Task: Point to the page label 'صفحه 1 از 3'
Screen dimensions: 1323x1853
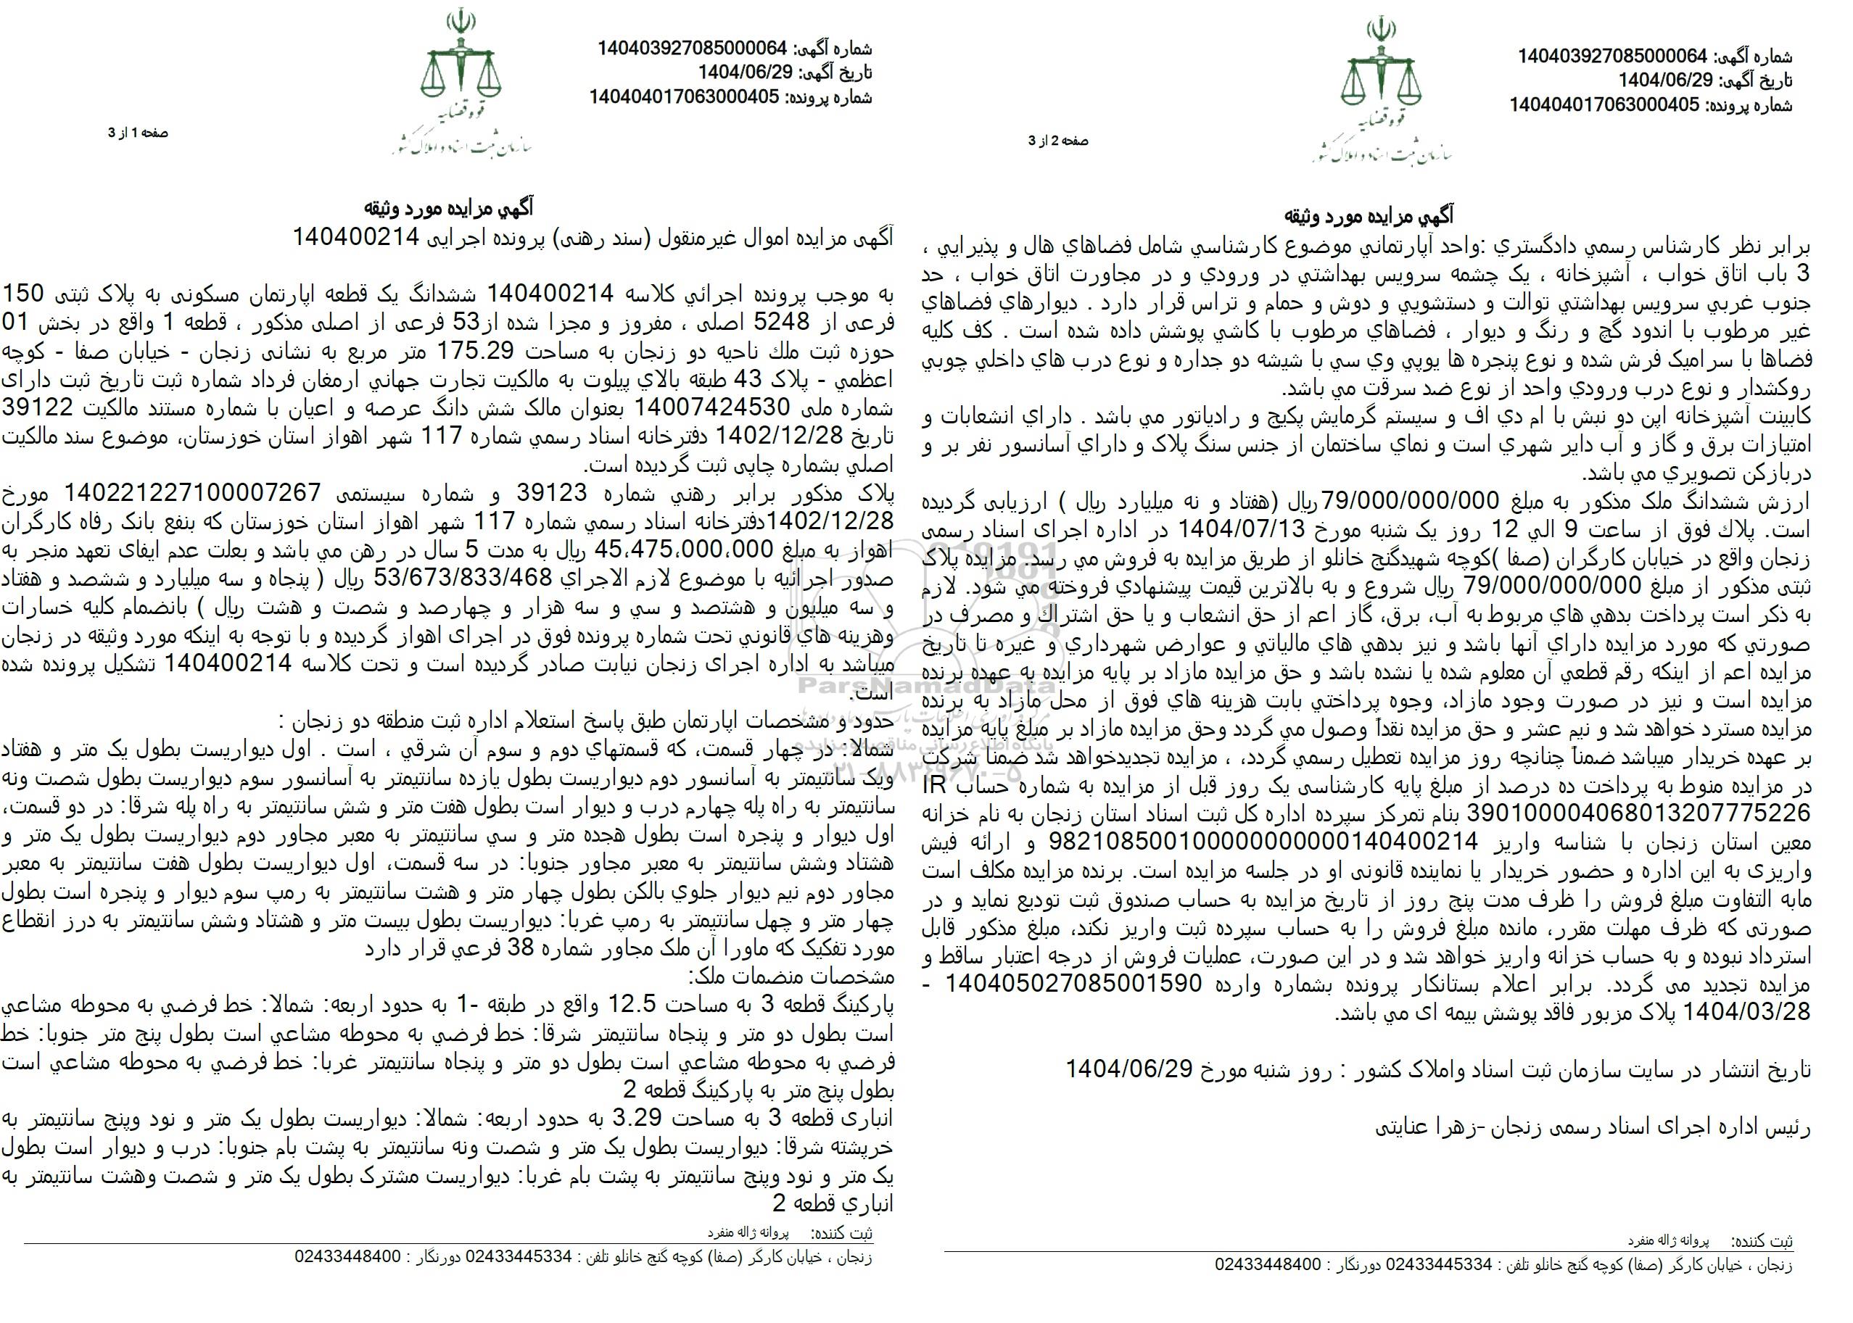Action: tap(138, 133)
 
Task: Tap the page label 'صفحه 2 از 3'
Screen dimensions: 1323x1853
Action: tap(1057, 140)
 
